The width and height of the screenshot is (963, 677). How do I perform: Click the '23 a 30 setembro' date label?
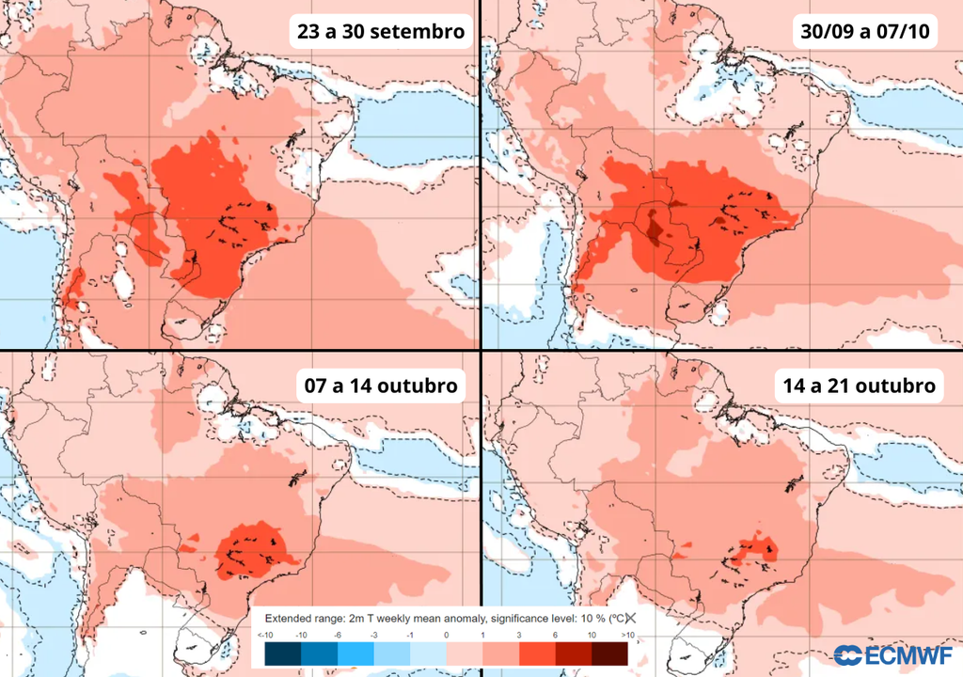[381, 32]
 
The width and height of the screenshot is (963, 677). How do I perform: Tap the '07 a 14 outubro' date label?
[381, 386]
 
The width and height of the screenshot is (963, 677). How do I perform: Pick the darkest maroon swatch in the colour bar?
[610, 653]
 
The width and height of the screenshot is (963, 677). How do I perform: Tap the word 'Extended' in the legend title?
[288, 618]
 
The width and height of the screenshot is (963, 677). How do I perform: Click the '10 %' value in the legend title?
[589, 618]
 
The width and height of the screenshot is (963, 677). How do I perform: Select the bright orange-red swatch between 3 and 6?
[537, 653]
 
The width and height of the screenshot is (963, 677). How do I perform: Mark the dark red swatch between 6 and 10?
[574, 653]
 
